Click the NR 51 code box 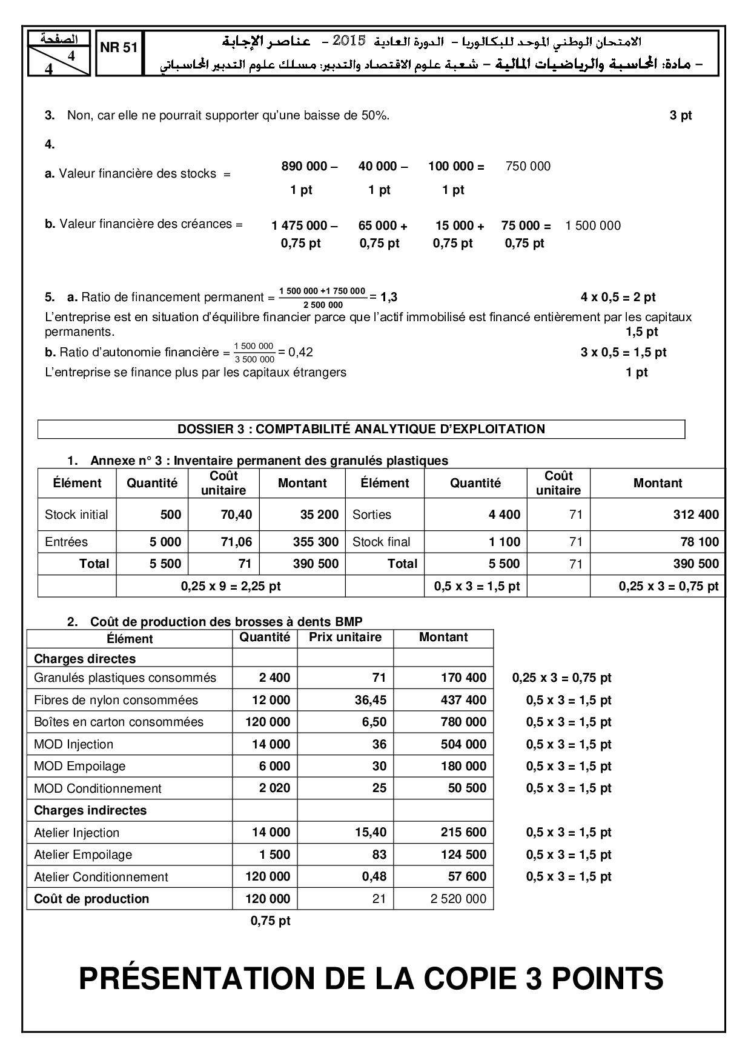(x=119, y=49)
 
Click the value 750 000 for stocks (x=528, y=167)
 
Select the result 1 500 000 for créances (x=592, y=226)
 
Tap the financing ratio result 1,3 (x=389, y=297)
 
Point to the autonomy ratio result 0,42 (x=300, y=352)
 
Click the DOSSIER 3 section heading (x=361, y=429)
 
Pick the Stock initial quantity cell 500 (x=171, y=515)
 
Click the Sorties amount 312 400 (x=696, y=515)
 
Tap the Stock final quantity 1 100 (x=505, y=542)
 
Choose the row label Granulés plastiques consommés (x=125, y=678)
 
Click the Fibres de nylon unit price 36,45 (x=370, y=700)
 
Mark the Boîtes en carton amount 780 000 (x=463, y=722)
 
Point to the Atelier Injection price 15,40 (x=370, y=833)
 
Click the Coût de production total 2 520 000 (x=458, y=899)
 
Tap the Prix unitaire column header (x=345, y=637)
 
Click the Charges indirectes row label (x=90, y=810)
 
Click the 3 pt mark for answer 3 (x=680, y=116)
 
